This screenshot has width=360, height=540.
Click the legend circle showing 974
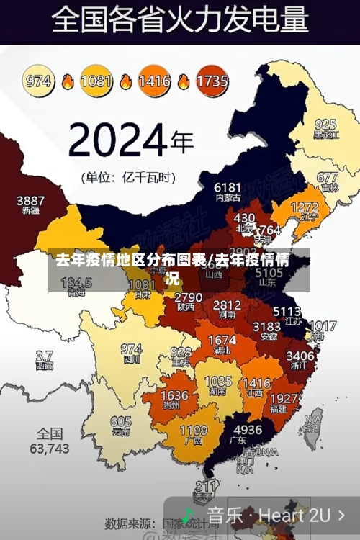pos(39,81)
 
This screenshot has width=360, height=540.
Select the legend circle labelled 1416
pos(154,81)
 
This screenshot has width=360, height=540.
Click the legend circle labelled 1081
pos(96,81)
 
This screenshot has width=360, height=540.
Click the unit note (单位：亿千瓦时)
pos(127,176)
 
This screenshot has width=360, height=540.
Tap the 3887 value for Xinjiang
pos(31,201)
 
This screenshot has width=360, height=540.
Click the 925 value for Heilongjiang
pos(325,124)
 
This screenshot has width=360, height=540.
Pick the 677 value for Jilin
pos(327,177)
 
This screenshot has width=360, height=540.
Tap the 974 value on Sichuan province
pos(130,348)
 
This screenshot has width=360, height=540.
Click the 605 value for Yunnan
pos(120,422)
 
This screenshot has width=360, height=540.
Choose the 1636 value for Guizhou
pos(174,396)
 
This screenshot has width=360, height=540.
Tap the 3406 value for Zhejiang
pos(300,355)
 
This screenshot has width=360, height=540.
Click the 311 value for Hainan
pos(207,486)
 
